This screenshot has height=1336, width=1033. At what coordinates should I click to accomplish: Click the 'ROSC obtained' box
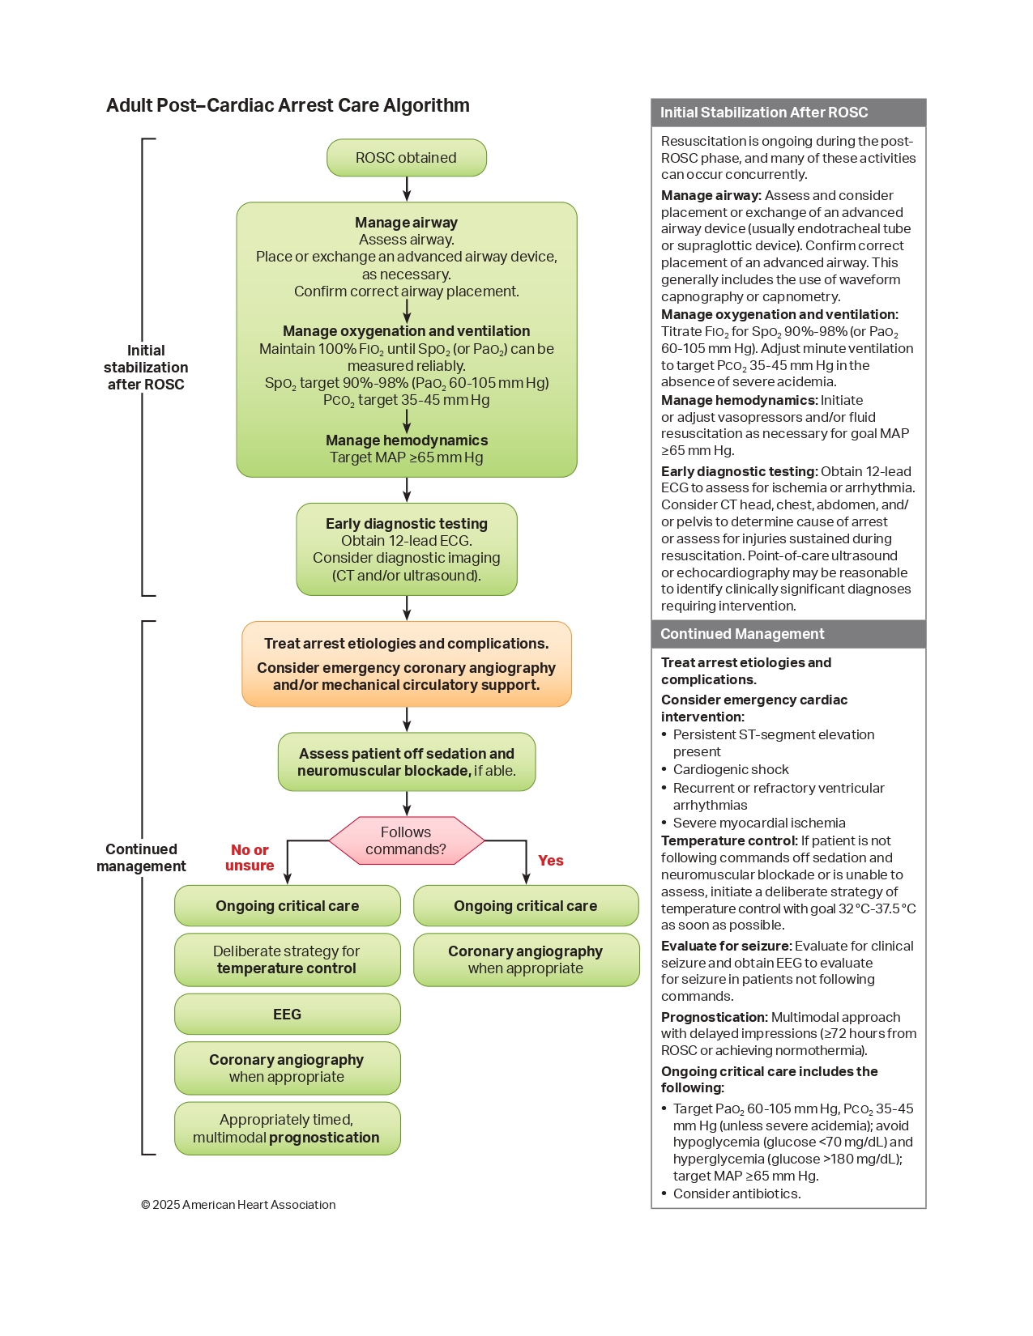coord(406,158)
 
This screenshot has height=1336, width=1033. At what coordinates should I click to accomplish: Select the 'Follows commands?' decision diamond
coord(406,840)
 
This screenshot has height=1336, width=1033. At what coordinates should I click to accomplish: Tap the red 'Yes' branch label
coord(550,861)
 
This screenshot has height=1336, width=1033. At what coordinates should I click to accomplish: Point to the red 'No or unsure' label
coord(250,857)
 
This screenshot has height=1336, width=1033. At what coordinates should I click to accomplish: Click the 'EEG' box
coord(287,1015)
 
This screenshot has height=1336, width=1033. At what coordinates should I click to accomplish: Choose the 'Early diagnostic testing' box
coord(406,549)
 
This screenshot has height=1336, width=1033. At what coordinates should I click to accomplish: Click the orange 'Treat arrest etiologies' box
coord(406,664)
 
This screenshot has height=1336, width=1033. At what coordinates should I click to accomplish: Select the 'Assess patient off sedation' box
coord(406,762)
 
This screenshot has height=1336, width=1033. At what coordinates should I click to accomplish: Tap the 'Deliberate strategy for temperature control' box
coord(287,959)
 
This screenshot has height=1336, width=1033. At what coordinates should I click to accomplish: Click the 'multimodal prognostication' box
coord(287,1129)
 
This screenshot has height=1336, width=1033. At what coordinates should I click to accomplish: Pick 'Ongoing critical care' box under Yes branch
coord(526,906)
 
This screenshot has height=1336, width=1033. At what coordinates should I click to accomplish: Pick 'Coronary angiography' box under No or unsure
coord(287,1068)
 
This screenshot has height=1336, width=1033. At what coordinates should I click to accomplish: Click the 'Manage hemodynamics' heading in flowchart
coord(406,440)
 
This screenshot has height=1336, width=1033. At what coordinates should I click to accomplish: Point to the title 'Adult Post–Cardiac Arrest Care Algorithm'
coord(288,105)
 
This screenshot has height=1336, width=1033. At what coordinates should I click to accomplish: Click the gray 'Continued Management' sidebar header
coord(788,634)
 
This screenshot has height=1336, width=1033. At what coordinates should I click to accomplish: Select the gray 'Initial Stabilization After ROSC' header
coord(788,113)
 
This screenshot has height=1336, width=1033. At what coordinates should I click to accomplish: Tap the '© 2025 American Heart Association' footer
coord(238,1205)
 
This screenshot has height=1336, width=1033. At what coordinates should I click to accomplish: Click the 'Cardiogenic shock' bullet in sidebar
coord(730,769)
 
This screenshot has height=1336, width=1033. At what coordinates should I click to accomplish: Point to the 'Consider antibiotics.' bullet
coord(736,1193)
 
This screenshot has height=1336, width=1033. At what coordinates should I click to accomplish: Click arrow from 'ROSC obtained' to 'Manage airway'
coord(407,189)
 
